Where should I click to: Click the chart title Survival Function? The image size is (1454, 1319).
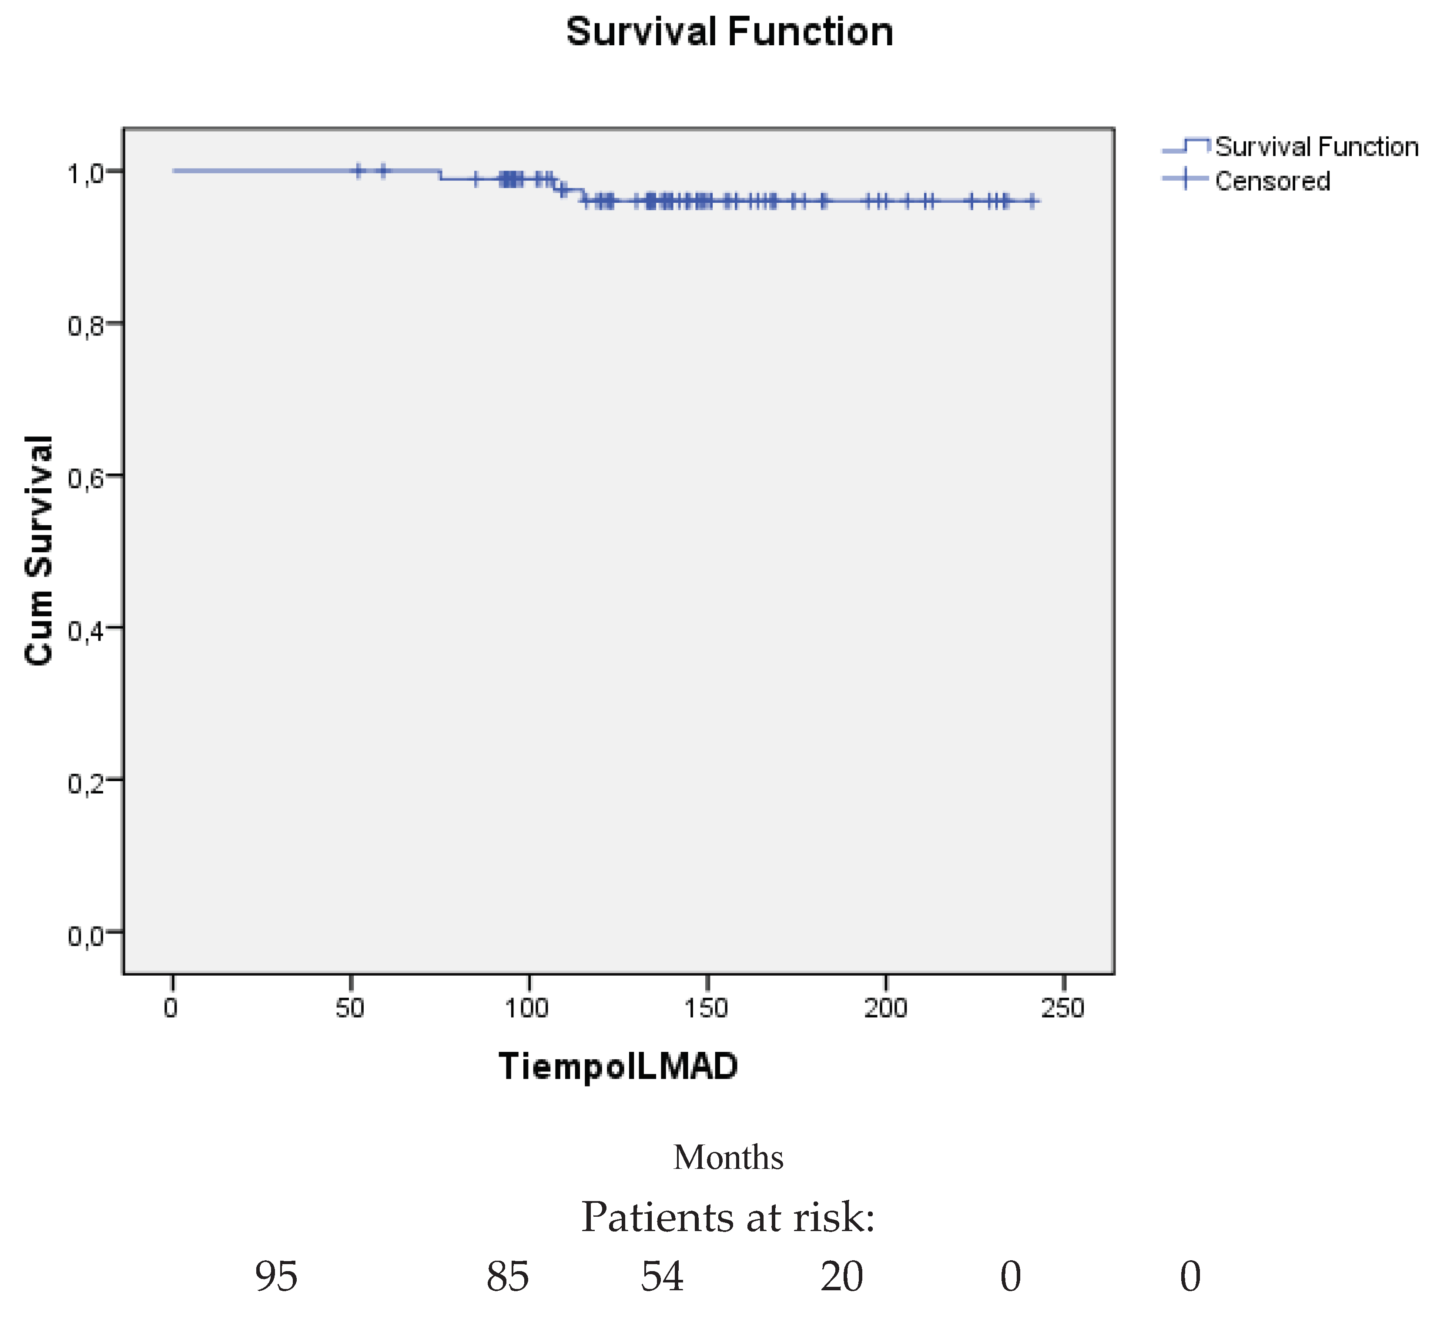point(729,33)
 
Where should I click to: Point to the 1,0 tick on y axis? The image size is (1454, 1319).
point(86,173)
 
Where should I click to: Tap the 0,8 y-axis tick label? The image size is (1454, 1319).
point(86,326)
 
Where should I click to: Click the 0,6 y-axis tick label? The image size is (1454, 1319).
point(86,478)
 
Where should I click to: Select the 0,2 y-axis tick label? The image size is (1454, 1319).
point(86,782)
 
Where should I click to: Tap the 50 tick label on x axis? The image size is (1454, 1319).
point(350,1008)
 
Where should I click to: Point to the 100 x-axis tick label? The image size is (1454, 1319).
point(527,1008)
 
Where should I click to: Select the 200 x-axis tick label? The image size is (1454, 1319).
point(885,1008)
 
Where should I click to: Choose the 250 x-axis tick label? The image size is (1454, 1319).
point(1063,1008)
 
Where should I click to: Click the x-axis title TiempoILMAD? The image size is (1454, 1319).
point(618,1067)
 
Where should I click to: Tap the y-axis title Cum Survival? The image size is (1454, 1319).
point(39,550)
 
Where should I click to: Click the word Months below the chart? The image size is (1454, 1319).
point(728,1158)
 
